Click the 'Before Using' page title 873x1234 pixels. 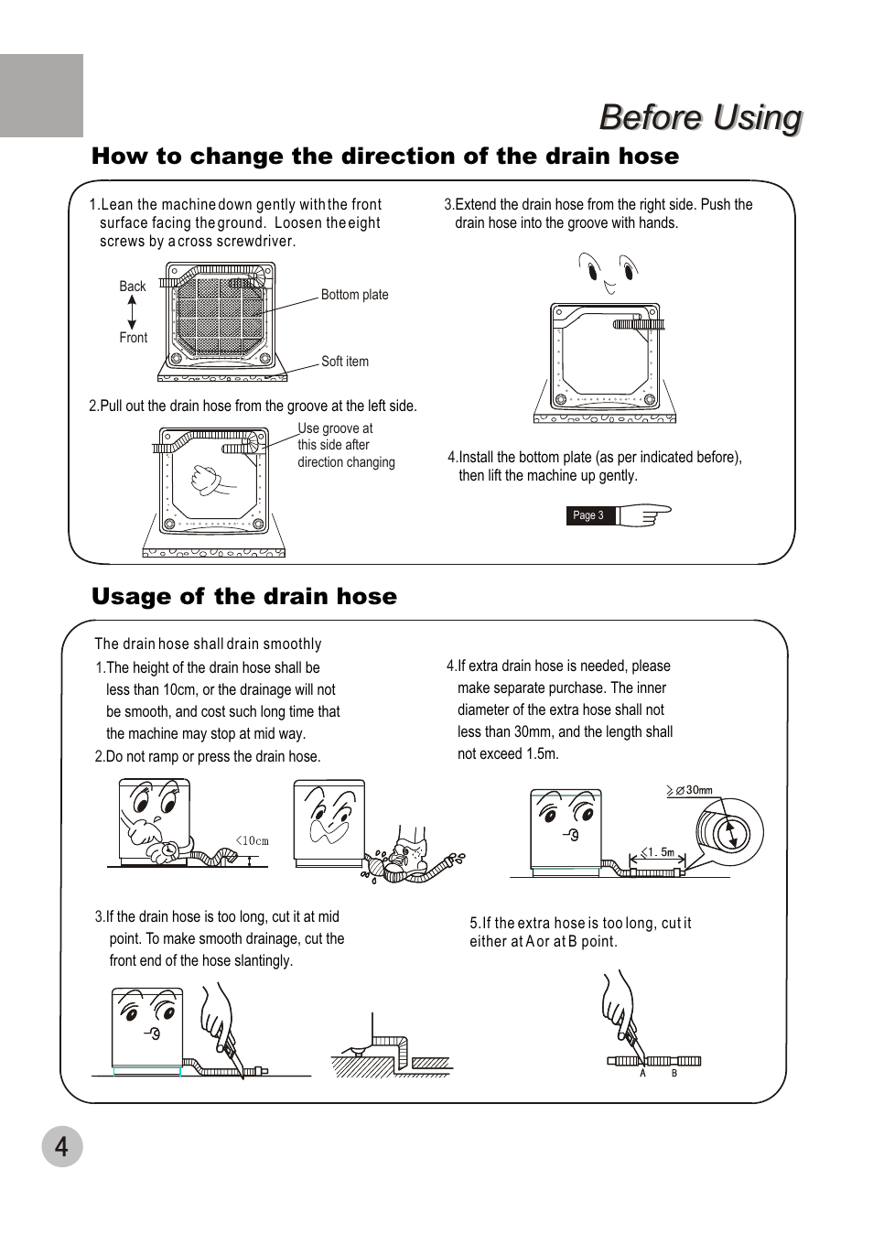(x=700, y=118)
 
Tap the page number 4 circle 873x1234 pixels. (x=61, y=1145)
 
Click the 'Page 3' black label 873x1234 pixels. (x=587, y=515)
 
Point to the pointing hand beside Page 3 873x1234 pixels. (x=645, y=514)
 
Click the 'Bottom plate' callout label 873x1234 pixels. (x=354, y=295)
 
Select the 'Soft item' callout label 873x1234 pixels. (x=344, y=362)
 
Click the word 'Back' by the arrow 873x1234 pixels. (x=133, y=287)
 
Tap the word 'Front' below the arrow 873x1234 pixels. (x=133, y=338)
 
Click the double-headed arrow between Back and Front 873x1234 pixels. (x=133, y=312)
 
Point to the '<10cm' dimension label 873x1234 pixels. (x=253, y=840)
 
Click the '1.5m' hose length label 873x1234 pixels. (x=657, y=852)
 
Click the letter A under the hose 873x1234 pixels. (x=642, y=1074)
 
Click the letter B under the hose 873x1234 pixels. (x=674, y=1074)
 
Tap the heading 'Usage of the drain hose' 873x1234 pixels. (x=244, y=597)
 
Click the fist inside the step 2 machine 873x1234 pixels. (x=209, y=479)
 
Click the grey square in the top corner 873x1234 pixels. (x=41, y=95)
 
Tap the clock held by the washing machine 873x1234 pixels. (x=169, y=851)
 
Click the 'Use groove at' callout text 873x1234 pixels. (x=335, y=428)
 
